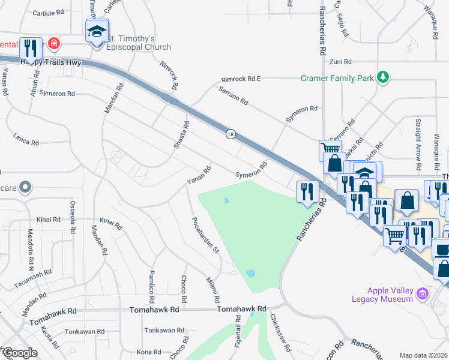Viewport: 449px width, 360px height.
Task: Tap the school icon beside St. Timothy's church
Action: (96, 31)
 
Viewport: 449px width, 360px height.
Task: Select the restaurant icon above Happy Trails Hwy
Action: (30, 49)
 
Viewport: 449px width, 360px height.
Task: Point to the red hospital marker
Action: (55, 43)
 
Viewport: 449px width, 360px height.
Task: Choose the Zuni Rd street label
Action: (340, 62)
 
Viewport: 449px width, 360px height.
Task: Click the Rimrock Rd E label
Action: (241, 79)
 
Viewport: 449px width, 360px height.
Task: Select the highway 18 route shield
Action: (230, 134)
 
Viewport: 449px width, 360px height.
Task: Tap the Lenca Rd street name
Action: (26, 143)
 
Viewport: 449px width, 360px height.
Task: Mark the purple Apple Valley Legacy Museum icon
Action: (423, 293)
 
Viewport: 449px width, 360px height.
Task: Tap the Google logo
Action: (19, 352)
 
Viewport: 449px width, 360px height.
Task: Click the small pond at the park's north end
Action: (226, 201)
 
